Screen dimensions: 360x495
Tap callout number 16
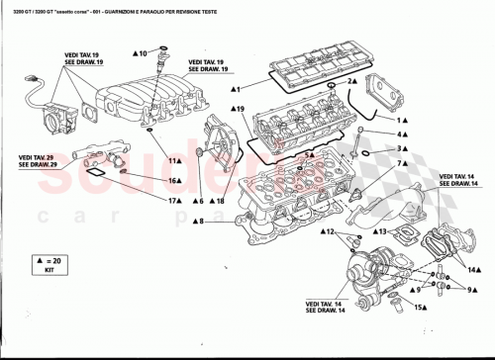pyautogui.click(x=174, y=181)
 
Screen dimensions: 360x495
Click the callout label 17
pyautogui.click(x=172, y=201)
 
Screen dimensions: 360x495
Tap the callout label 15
pyautogui.click(x=420, y=308)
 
